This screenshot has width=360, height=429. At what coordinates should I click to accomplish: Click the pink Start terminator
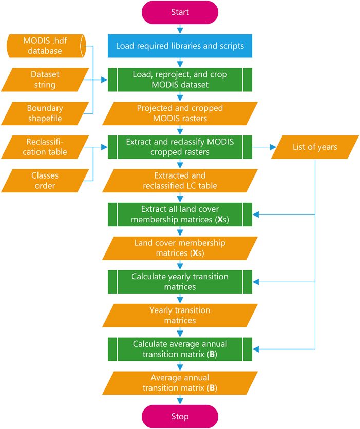coord(180,13)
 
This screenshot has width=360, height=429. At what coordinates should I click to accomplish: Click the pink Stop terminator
coord(180,416)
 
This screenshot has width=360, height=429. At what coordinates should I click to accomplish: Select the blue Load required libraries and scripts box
coord(180,46)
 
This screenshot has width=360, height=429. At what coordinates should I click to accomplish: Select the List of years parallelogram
coord(314,147)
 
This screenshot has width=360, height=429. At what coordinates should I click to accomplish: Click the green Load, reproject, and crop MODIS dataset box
coord(180,80)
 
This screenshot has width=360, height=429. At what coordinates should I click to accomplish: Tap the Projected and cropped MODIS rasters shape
coord(180,113)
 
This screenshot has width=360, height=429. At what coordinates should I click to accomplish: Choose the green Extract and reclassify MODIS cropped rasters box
coord(180,147)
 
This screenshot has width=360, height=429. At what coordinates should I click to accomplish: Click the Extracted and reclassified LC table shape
coord(180,181)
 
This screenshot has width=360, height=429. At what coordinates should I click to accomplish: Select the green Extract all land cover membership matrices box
coord(180,215)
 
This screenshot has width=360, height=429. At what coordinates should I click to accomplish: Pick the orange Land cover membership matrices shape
coord(180,248)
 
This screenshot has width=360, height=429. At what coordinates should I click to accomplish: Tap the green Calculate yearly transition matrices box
coord(180,282)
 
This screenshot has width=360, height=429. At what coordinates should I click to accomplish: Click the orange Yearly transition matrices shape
coord(180,315)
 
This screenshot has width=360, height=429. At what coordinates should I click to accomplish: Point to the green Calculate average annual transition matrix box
coord(180,349)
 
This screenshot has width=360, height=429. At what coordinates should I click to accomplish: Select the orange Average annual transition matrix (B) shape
coord(180,382)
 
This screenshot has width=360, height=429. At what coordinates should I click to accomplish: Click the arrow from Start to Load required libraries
coord(180,29)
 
